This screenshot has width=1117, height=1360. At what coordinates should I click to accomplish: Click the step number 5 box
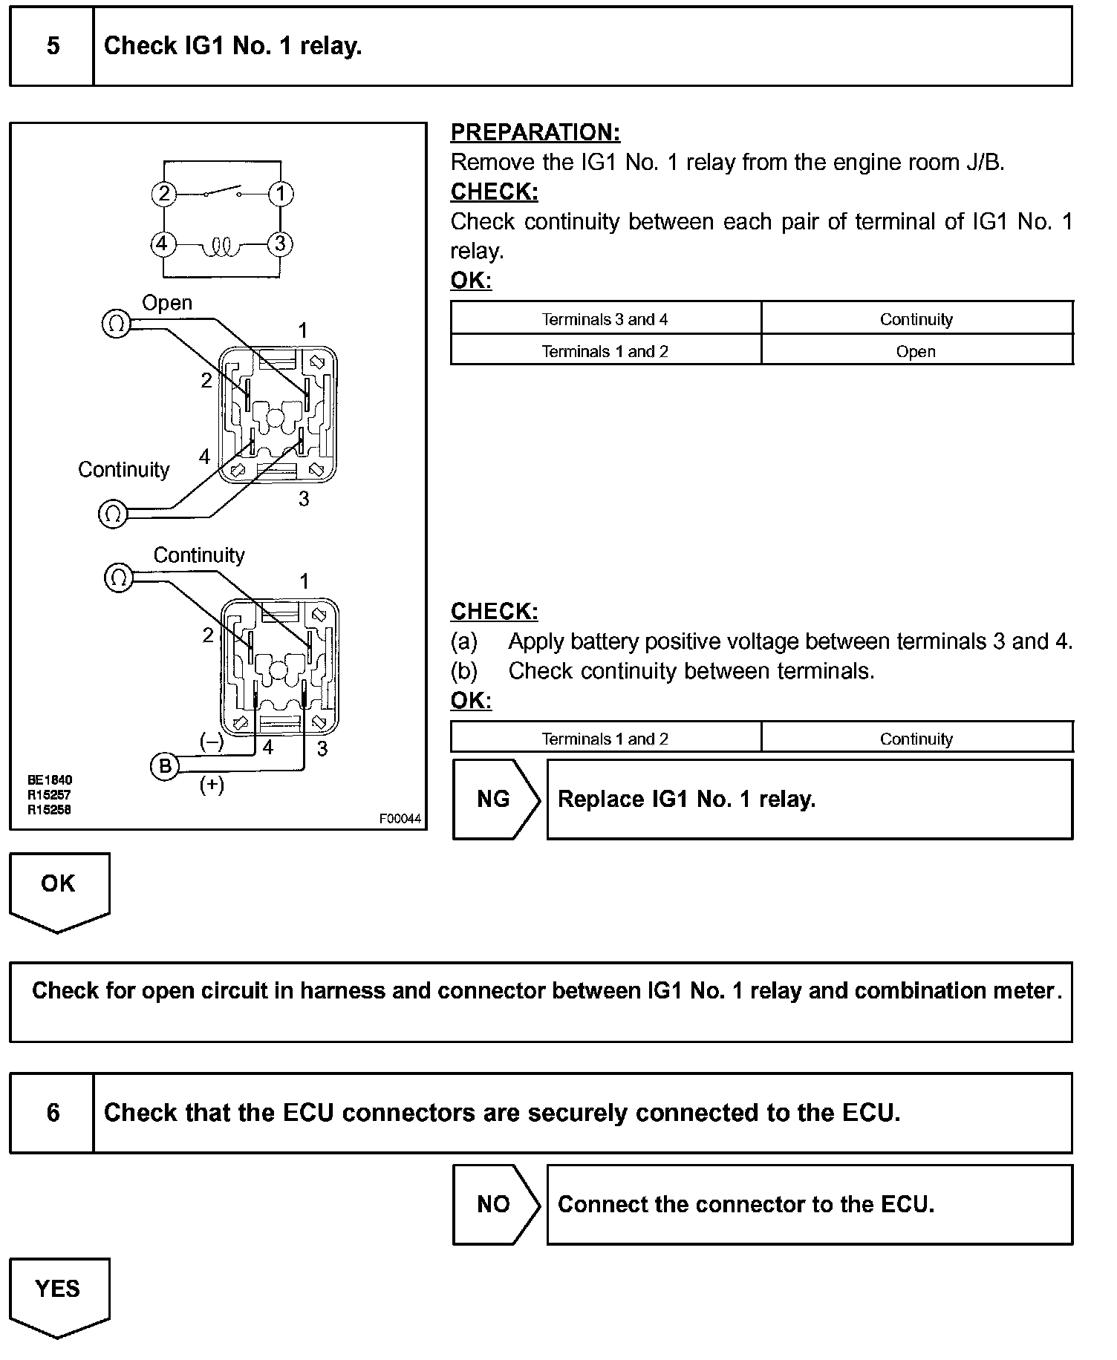(x=52, y=46)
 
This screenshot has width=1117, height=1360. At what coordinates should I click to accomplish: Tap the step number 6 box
(x=52, y=1112)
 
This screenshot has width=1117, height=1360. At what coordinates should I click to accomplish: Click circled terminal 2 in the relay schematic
(x=164, y=194)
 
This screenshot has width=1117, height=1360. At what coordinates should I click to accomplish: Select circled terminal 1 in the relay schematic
(x=280, y=194)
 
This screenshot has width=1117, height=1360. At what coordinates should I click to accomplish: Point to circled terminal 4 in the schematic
(x=163, y=243)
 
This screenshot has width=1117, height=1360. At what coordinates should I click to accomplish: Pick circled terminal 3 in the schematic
(x=280, y=243)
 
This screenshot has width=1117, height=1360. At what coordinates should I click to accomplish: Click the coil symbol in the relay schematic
(x=221, y=246)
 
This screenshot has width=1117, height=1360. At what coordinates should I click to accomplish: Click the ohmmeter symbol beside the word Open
(x=116, y=324)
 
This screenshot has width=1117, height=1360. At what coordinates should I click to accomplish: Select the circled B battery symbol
(x=165, y=765)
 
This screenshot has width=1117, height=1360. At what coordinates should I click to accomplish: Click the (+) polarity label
(x=212, y=785)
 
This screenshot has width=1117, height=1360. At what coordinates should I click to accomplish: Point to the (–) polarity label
(x=212, y=742)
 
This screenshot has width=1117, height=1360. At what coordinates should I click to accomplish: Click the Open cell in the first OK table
(x=916, y=351)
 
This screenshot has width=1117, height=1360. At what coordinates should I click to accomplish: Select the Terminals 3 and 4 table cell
(x=605, y=319)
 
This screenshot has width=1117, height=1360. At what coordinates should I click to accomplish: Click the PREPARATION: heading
(x=535, y=132)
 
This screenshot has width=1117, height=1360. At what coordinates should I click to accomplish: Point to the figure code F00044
(x=400, y=819)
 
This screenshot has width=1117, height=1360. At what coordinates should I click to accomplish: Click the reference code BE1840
(x=50, y=780)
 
